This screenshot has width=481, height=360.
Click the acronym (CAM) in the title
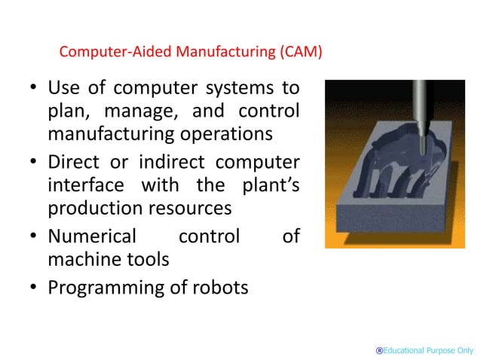[x=300, y=53]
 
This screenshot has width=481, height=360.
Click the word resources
[x=189, y=209]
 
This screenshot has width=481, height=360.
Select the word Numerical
[x=92, y=236]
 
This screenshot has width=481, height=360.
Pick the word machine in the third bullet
[x=81, y=260]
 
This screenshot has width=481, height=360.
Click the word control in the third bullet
[x=209, y=236]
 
